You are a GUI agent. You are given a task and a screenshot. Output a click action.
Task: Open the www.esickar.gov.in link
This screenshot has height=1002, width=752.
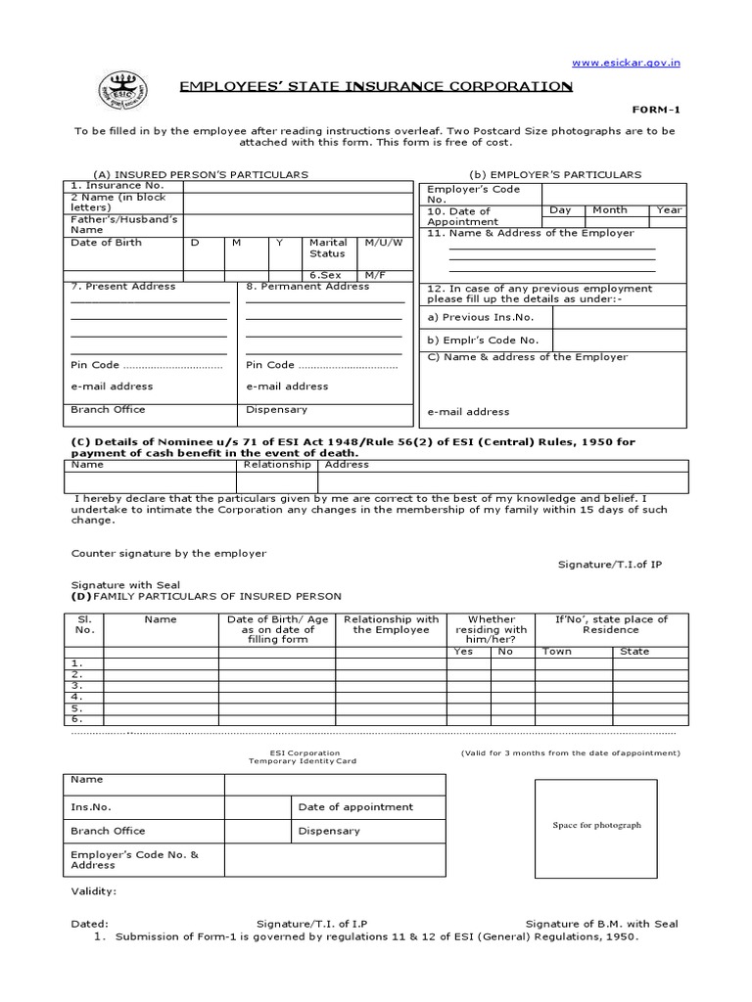pyautogui.click(x=626, y=63)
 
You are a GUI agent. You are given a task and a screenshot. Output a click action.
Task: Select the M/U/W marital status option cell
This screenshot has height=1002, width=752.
pyautogui.click(x=384, y=243)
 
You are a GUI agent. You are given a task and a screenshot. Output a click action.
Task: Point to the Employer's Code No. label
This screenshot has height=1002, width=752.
pyautogui.click(x=474, y=194)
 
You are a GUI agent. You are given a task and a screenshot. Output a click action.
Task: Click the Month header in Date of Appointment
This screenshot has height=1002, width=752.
pyautogui.click(x=609, y=210)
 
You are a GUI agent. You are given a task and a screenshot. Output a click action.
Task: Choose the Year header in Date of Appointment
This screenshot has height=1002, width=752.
pyautogui.click(x=669, y=210)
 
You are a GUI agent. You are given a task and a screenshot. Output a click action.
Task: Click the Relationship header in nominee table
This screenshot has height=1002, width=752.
pyautogui.click(x=277, y=465)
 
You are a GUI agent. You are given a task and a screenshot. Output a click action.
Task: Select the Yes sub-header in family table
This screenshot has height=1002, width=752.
pyautogui.click(x=463, y=652)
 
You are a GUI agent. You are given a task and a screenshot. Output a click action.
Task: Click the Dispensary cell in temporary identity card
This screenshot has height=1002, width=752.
pyautogui.click(x=329, y=831)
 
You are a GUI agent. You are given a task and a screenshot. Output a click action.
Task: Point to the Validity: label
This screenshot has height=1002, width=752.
pyautogui.click(x=94, y=891)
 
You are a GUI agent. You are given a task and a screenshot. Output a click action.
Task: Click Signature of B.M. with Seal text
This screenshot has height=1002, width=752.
pyautogui.click(x=601, y=924)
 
